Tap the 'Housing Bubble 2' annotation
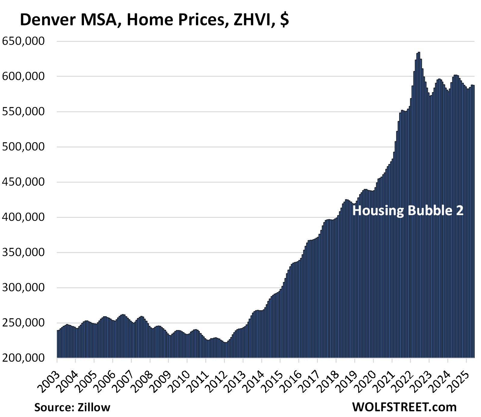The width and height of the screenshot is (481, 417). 408,210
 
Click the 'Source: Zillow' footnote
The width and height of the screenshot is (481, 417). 72,407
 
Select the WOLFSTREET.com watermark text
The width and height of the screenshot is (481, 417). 404,407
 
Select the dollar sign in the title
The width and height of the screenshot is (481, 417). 284,20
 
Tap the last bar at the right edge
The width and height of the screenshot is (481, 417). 474,223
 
